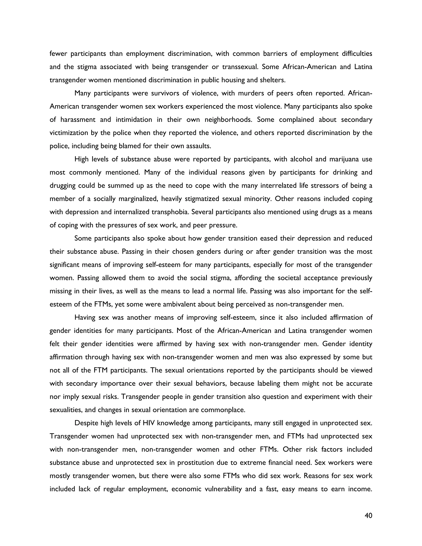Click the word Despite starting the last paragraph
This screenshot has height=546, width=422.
[86, 423]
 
